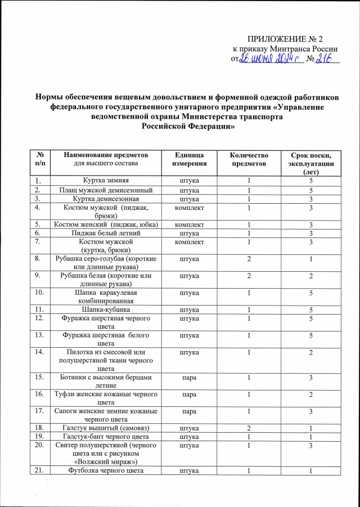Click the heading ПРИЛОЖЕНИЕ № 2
pos(285,39)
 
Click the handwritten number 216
pos(326,59)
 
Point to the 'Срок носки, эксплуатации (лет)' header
pos(310,163)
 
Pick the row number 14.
pos(39,352)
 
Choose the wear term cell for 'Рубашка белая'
pos(310,275)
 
